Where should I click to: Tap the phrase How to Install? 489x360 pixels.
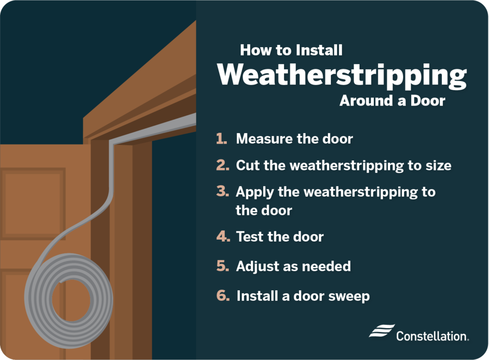click(x=291, y=50)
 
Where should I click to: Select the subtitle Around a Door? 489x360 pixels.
click(x=392, y=101)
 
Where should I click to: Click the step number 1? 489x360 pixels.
click(x=222, y=139)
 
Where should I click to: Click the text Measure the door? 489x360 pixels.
click(x=294, y=139)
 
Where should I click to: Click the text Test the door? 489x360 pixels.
click(x=280, y=237)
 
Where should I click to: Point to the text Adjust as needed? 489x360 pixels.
click(x=293, y=266)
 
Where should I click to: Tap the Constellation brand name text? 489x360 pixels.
click(x=432, y=336)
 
